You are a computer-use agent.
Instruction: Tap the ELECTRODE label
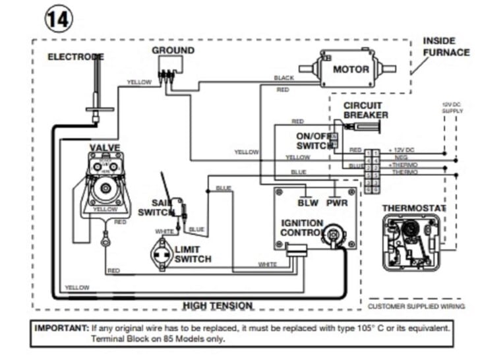pos(75,57)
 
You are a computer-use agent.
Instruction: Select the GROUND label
pos(173,50)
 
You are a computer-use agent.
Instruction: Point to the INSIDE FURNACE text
pos(446,46)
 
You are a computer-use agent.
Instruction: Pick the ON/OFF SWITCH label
pos(315,140)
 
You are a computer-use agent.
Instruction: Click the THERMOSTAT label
pos(414,208)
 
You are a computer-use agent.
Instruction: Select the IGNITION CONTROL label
pos(302,228)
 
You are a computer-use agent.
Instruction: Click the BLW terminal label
pos(308,203)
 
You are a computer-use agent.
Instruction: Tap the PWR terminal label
pos(337,203)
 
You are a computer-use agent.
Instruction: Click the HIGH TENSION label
pos(218,305)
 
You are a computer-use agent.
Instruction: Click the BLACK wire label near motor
pos(284,78)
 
